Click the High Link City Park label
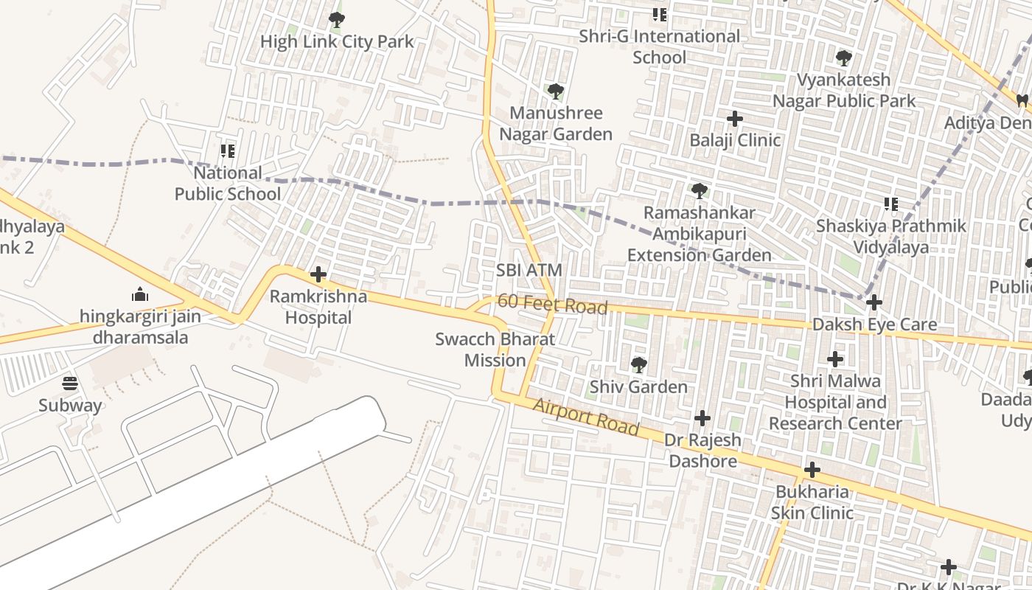[x=337, y=42]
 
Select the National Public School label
[x=228, y=184]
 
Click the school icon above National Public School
[x=228, y=151]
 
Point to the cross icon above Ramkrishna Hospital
[x=318, y=275]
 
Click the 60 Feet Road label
[x=552, y=304]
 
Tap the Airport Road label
[x=585, y=417]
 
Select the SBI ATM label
[x=529, y=271]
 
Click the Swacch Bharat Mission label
[x=495, y=350]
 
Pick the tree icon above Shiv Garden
[x=638, y=364]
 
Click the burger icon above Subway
[x=70, y=383]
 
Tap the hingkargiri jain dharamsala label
[x=140, y=327]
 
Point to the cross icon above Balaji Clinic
[x=735, y=119]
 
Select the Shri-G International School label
[x=659, y=46]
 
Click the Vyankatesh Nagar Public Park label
[x=844, y=90]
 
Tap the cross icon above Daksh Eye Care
[x=874, y=302]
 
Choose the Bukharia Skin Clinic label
[x=812, y=502]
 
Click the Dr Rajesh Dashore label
[x=702, y=451]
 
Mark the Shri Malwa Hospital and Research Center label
[x=835, y=403]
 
